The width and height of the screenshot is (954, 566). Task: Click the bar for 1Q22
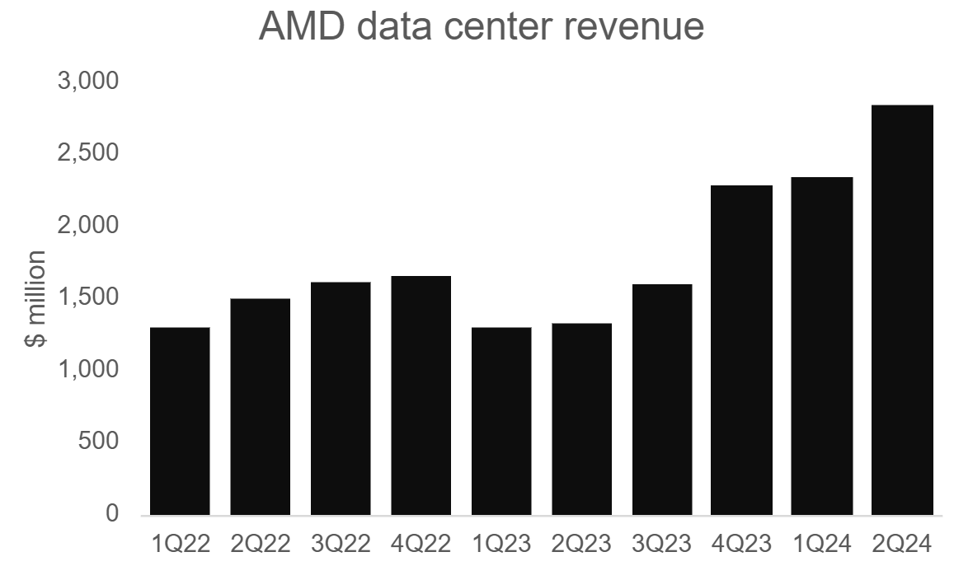point(180,421)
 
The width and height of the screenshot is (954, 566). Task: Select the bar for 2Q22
point(260,407)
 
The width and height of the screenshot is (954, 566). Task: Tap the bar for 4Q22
point(421,395)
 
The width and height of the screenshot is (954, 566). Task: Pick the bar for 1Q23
point(501,421)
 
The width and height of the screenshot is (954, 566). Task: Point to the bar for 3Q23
point(662,400)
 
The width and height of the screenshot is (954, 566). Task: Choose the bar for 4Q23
point(742,350)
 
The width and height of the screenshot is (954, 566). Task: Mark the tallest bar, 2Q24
point(902,310)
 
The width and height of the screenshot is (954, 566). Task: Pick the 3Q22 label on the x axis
point(341,544)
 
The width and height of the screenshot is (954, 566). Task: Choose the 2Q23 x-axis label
point(581,544)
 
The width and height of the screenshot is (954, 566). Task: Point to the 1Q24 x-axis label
point(822,544)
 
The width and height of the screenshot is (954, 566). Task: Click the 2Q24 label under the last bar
point(902,544)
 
